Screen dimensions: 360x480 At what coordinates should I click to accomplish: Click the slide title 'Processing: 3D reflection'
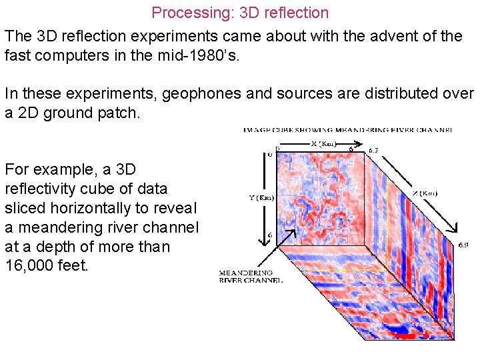(x=240, y=13)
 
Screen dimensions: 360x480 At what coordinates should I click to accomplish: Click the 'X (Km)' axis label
(x=324, y=143)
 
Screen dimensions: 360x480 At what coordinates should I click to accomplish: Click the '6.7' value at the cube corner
(x=374, y=151)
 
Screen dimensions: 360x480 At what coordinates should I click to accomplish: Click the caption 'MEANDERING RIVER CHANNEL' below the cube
(x=251, y=277)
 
